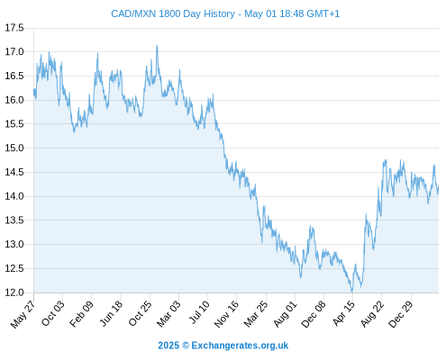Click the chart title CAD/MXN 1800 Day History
click(173, 13)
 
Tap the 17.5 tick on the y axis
click(14, 28)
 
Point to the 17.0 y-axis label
click(14, 52)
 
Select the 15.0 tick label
click(14, 148)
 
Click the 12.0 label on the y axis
click(14, 292)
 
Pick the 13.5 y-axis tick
click(14, 220)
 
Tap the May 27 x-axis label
click(23, 314)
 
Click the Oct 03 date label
click(53, 313)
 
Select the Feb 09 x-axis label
click(81, 313)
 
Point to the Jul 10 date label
click(199, 312)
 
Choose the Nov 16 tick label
click(226, 313)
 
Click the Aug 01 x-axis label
click(285, 313)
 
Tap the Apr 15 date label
click(344, 313)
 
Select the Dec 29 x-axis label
click(401, 314)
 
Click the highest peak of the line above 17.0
click(157, 46)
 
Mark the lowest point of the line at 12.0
click(352, 292)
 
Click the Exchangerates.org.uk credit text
click(240, 346)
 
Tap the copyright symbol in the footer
click(186, 346)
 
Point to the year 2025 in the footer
click(168, 346)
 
